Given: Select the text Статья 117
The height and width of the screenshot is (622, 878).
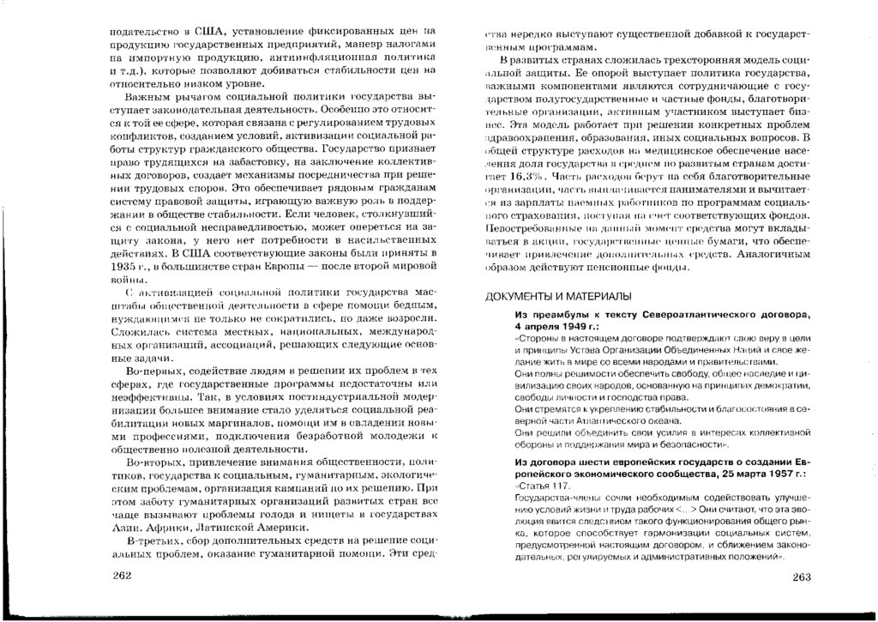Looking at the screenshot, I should (x=536, y=485).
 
